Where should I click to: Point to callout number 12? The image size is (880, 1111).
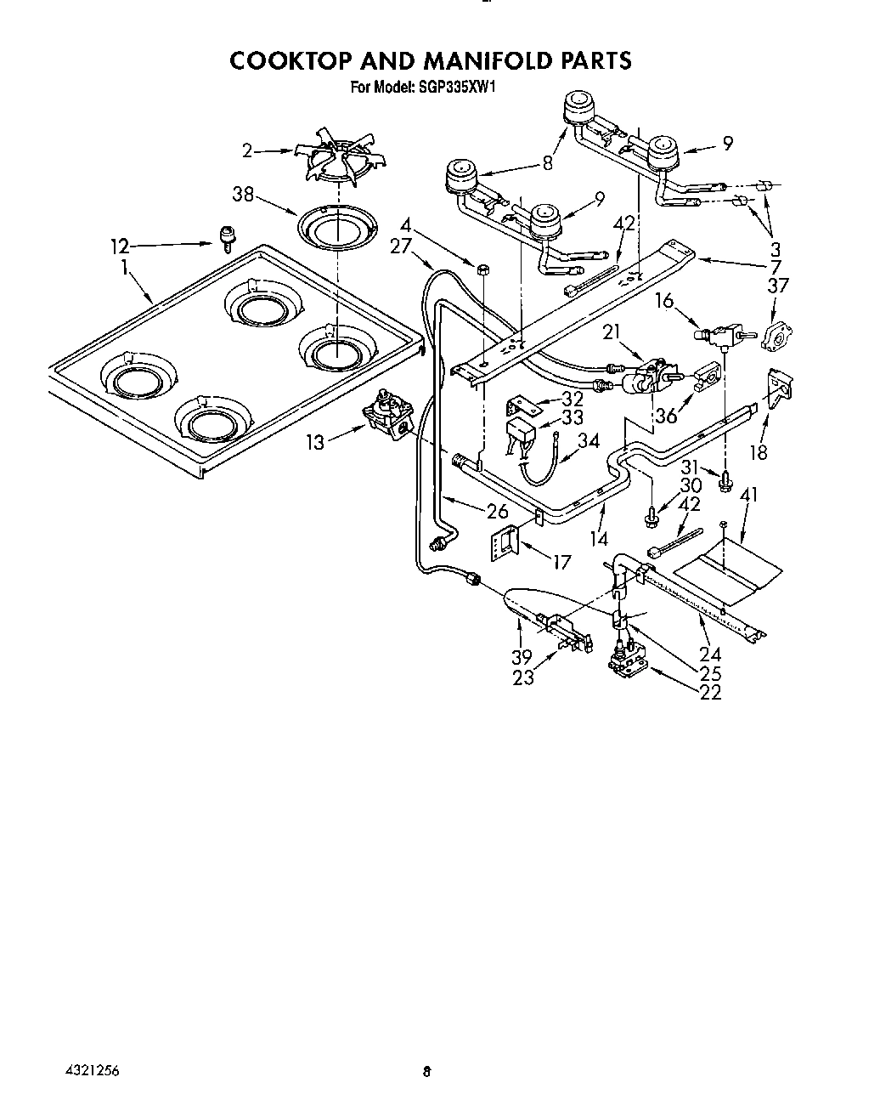pos(120,247)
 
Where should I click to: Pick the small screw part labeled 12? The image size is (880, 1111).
pos(227,238)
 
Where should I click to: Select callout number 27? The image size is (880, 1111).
pos(400,246)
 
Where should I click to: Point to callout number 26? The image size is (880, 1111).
pos(497,511)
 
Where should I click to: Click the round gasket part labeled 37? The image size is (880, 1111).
pos(775,336)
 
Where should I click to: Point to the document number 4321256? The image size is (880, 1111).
pos(90,1071)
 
